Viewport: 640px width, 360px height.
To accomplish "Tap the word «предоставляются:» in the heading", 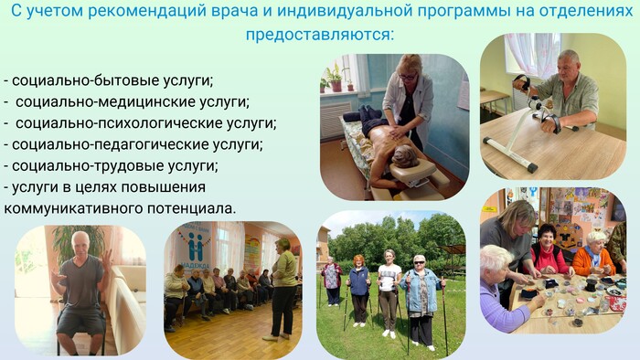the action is pyautogui.click(x=320, y=34).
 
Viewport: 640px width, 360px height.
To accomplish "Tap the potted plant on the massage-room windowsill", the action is pyautogui.click(x=336, y=78).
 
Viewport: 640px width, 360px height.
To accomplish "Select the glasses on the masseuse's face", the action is pyautogui.click(x=408, y=77).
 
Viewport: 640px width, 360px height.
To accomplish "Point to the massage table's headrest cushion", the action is pyautogui.click(x=411, y=170).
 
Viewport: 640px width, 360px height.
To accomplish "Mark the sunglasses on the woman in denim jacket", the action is pyautogui.click(x=419, y=263).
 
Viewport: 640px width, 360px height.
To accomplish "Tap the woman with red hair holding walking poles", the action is pyautogui.click(x=359, y=291).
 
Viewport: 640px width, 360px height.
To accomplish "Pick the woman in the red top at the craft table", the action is pyautogui.click(x=549, y=250).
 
